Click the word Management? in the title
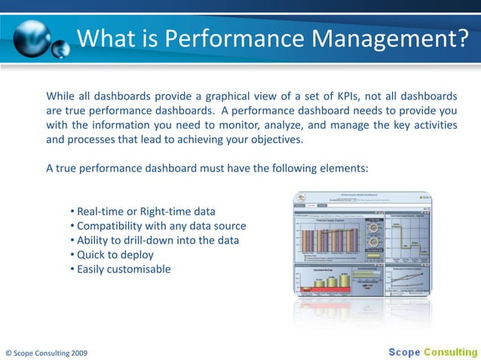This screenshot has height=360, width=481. (395, 37)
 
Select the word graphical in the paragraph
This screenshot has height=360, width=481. (231, 96)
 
